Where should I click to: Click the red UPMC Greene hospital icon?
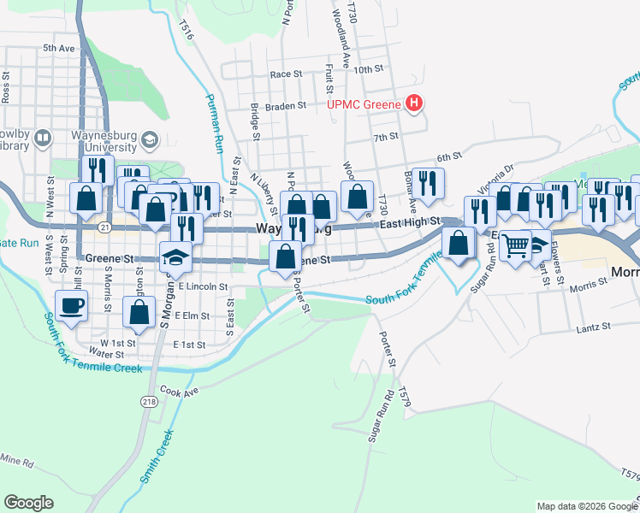point(414,104)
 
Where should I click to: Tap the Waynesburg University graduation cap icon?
point(151,139)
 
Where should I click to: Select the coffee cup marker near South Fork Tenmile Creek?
point(71,305)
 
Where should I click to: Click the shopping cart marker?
point(515,246)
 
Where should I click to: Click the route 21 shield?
point(104,227)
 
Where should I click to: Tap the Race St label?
point(287,74)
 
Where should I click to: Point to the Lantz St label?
point(594,326)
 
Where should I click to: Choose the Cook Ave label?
point(179,392)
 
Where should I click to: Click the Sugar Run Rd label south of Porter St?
point(381,416)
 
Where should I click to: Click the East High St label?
point(409,221)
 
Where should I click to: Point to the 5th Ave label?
point(59,49)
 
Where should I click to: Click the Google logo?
point(28,502)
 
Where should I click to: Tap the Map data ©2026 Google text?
point(586,506)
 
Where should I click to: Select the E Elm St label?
point(192,315)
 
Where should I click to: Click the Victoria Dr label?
point(497,175)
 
